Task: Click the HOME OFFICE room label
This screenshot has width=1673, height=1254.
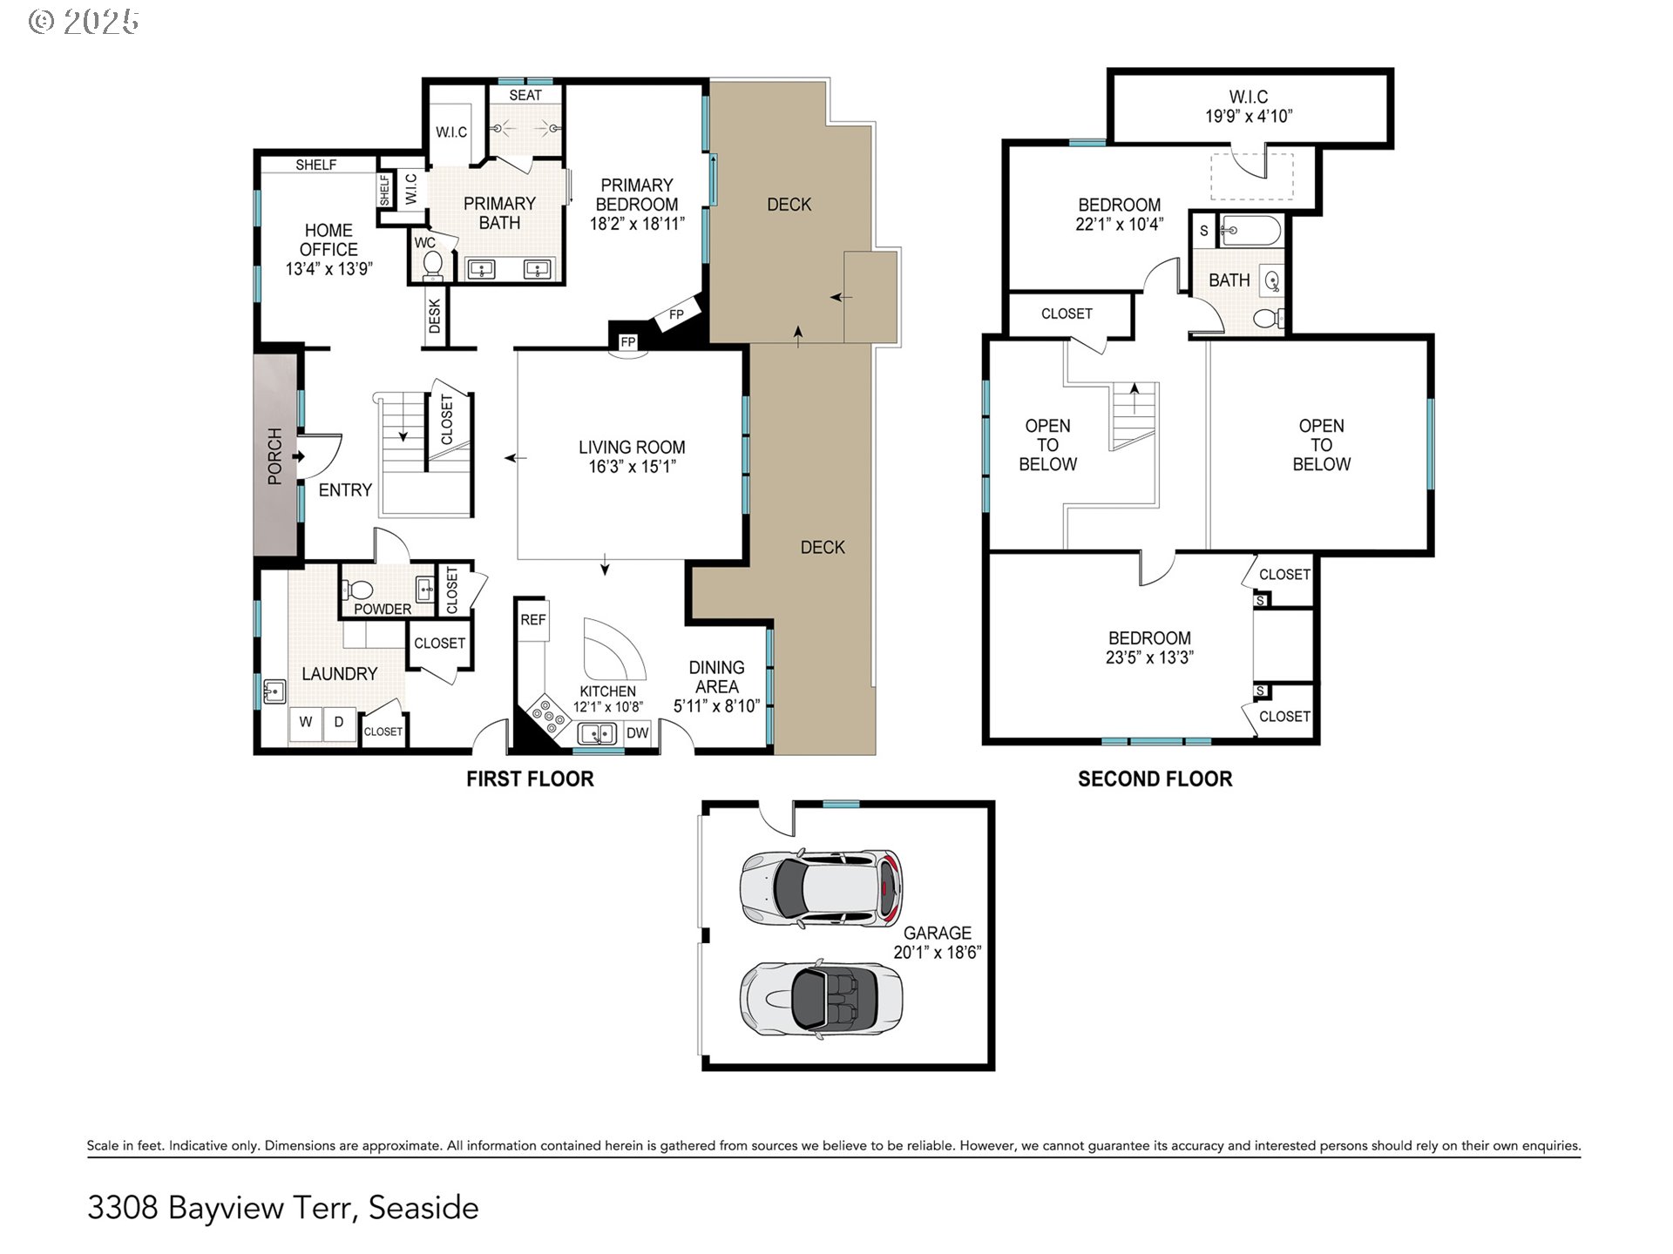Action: (329, 239)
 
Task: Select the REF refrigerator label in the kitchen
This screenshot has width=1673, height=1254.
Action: (533, 620)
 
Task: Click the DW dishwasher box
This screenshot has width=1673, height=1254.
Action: (638, 733)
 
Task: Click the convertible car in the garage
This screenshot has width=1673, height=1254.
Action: (821, 998)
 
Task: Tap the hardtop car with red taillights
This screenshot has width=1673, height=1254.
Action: (821, 888)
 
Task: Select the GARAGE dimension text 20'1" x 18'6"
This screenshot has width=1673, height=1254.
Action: (938, 953)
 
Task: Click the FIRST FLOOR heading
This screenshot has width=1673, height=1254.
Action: (530, 779)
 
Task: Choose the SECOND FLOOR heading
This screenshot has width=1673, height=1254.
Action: (1155, 779)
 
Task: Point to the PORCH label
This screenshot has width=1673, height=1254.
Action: (275, 456)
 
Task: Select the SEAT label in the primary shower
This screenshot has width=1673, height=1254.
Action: (525, 95)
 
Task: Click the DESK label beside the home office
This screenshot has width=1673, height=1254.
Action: (435, 317)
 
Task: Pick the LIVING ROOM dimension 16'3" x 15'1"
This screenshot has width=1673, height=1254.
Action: (632, 467)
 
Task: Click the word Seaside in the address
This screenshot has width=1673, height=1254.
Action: (423, 1208)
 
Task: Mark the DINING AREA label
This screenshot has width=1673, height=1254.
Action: (717, 677)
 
